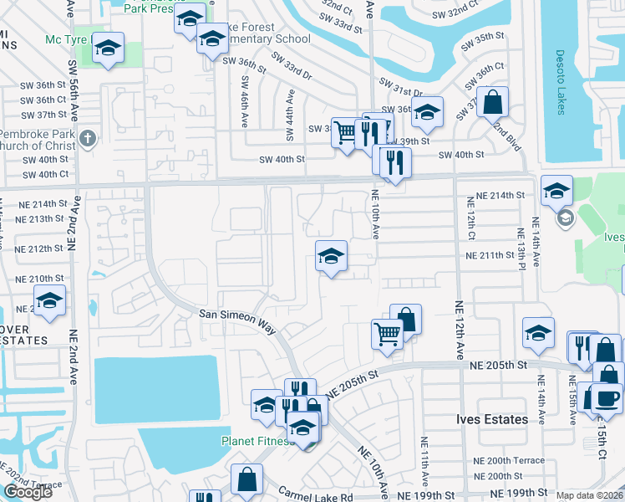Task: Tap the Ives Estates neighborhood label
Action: click(x=492, y=419)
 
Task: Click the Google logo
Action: click(x=28, y=492)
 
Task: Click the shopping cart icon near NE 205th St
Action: click(x=387, y=333)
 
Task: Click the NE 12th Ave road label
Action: click(x=460, y=330)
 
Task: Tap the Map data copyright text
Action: click(x=588, y=495)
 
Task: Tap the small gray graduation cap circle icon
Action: click(x=565, y=218)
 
